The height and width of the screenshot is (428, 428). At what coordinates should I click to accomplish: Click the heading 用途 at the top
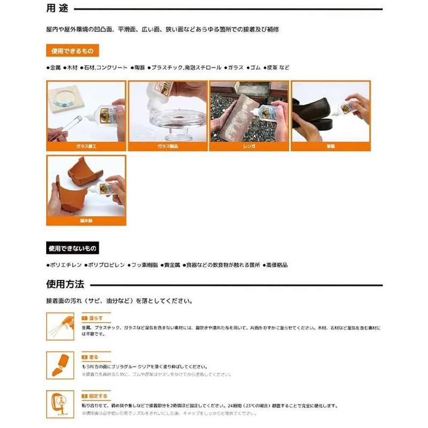[x=57, y=9]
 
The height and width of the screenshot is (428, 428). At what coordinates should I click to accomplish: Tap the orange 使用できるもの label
[x=72, y=51]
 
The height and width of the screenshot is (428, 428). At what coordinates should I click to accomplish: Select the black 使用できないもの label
[x=73, y=248]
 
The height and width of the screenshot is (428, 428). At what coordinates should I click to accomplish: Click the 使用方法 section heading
[x=65, y=285]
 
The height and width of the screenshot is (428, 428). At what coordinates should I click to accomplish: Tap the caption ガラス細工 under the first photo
[x=86, y=147]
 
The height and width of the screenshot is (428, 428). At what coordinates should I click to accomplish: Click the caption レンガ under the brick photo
[x=249, y=147]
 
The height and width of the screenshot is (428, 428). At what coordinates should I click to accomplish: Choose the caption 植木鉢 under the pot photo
[x=86, y=221]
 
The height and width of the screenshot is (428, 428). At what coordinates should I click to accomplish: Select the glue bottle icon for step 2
[x=60, y=365]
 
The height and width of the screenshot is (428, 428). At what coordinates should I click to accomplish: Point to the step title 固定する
[x=97, y=396]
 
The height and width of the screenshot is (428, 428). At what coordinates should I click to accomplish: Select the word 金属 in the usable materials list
[x=55, y=68]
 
